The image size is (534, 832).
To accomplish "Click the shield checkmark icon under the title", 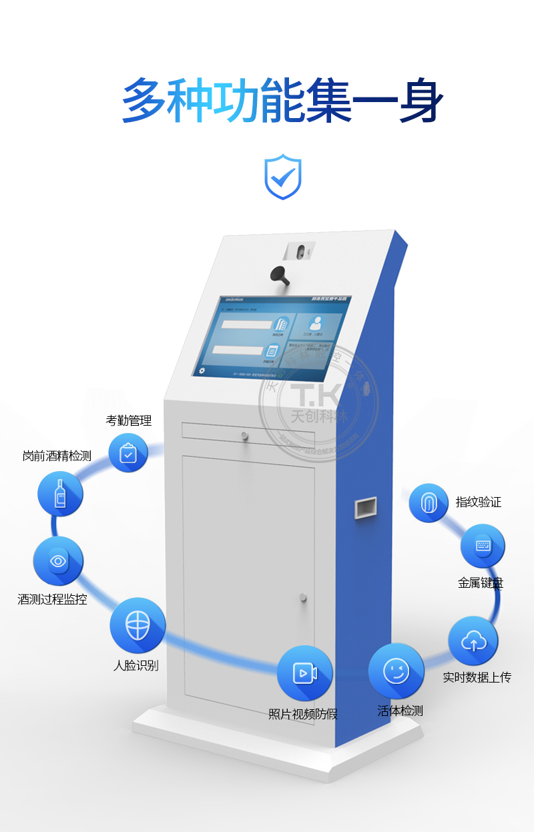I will pyautogui.click(x=283, y=177).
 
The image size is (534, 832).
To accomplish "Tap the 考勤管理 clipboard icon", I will pyautogui.click(x=127, y=453).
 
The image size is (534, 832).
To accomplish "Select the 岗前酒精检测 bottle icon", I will pyautogui.click(x=60, y=494).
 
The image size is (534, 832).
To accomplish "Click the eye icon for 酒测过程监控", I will pyautogui.click(x=58, y=560).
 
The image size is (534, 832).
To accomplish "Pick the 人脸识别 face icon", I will pyautogui.click(x=138, y=625).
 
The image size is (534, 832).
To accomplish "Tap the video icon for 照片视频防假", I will pyautogui.click(x=304, y=673).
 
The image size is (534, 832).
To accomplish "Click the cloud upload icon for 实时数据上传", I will pyautogui.click(x=473, y=642).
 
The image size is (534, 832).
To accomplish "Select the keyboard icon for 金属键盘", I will pyautogui.click(x=483, y=546).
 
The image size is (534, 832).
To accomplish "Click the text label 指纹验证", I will pyautogui.click(x=479, y=502).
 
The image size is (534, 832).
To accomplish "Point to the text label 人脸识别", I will pyautogui.click(x=136, y=665).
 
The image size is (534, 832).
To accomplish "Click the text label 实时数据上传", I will pyautogui.click(x=477, y=677).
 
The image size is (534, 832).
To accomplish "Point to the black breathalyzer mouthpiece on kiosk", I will pyautogui.click(x=280, y=274).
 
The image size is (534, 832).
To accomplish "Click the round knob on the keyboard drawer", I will pyautogui.click(x=245, y=436).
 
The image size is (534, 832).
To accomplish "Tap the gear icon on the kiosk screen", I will pyautogui.click(x=202, y=370).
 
